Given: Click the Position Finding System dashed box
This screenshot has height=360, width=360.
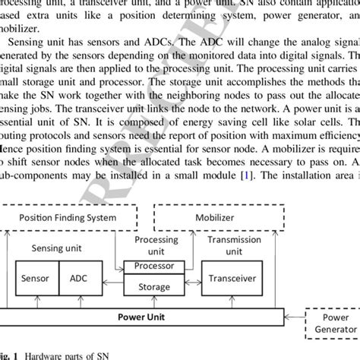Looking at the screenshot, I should [x=68, y=217].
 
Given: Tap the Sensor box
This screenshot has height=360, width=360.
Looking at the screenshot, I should [x=33, y=278].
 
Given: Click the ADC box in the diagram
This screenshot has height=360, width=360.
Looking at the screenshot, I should [x=80, y=278].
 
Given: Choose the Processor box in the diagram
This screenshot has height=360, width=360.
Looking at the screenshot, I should [x=153, y=267].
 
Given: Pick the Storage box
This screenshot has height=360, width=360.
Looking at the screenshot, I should [x=153, y=287].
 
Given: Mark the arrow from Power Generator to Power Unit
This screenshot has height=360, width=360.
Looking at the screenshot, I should [x=294, y=315].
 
